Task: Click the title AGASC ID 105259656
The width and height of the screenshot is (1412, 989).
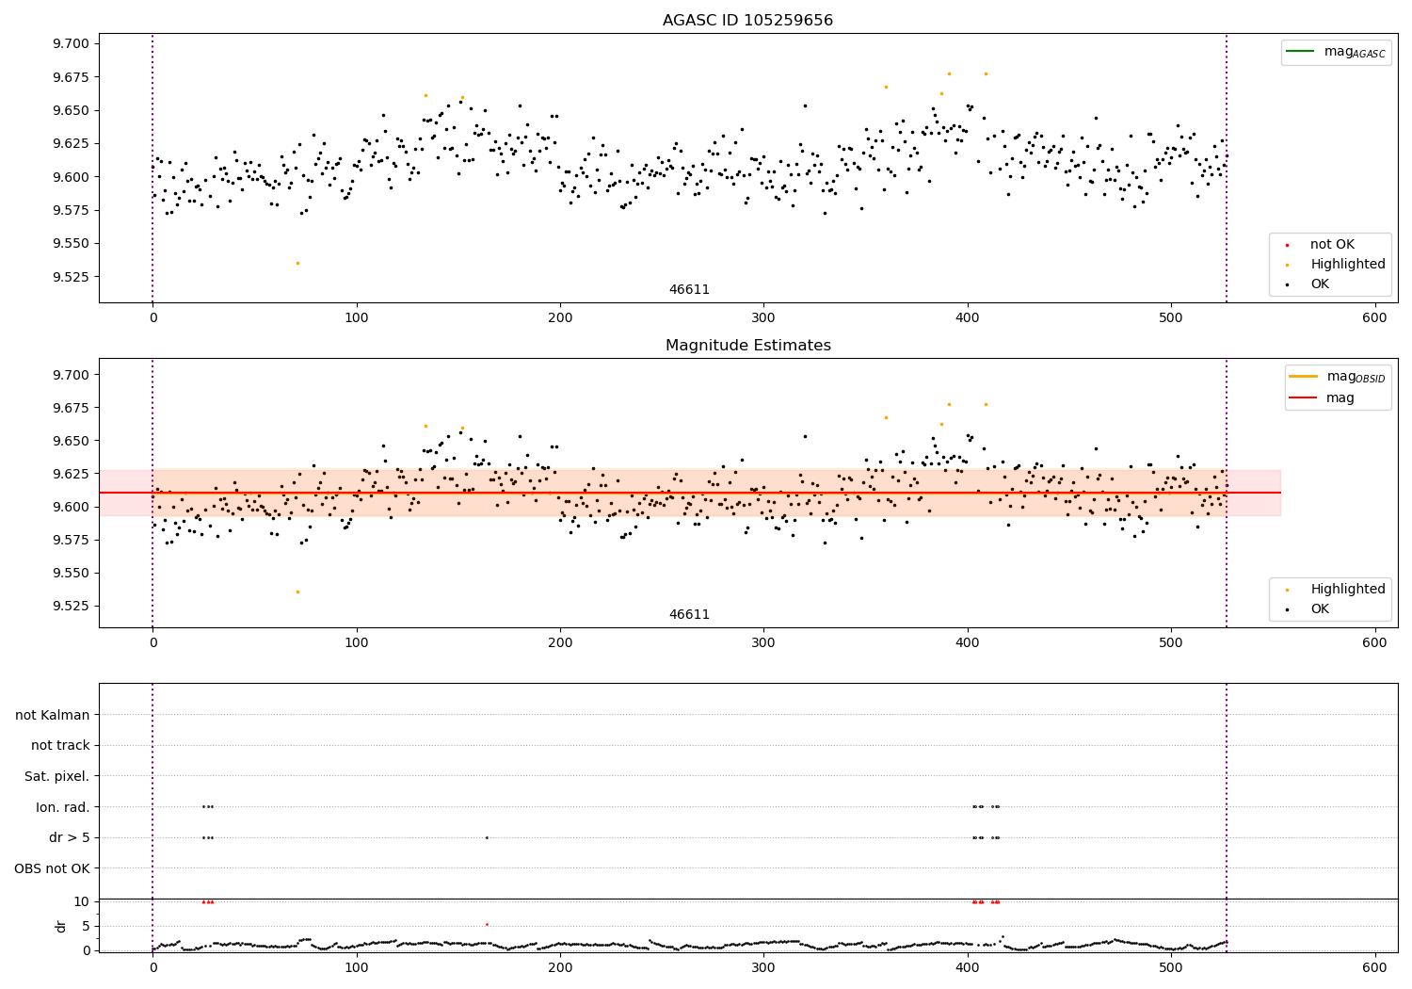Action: coord(747,21)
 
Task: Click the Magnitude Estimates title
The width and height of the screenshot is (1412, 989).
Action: coord(747,346)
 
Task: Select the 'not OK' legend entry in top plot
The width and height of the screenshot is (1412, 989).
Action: coord(1332,245)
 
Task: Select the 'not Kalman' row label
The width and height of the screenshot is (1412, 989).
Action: coord(53,716)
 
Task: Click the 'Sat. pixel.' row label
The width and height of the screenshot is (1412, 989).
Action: coord(56,777)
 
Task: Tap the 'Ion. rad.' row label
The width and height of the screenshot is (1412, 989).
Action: coord(62,807)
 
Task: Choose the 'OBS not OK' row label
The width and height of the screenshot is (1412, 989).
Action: coord(52,868)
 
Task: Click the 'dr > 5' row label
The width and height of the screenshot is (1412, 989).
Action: coord(69,838)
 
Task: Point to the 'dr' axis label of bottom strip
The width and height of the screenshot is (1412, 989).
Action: coord(61,926)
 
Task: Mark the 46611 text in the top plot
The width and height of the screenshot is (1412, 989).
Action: coord(689,290)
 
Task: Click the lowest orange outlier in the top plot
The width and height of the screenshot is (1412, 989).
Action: coord(297,263)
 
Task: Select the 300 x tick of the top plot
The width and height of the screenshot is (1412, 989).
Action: coord(763,318)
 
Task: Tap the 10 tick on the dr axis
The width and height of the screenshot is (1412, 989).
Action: coord(81,901)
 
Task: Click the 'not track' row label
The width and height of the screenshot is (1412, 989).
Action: coord(60,746)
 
